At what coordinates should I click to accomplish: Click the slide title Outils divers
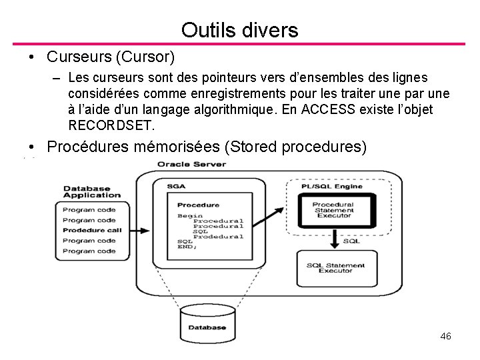coord(239,29)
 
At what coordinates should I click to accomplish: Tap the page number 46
coord(446,336)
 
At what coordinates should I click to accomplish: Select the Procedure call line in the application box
coord(92,230)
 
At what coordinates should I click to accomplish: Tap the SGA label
coord(176,186)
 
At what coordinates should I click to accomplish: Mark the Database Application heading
coord(92,192)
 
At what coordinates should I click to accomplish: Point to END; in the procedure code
coord(187,247)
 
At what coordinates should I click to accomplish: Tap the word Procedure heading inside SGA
coord(198,205)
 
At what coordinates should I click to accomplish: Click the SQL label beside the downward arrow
coord(351,241)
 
